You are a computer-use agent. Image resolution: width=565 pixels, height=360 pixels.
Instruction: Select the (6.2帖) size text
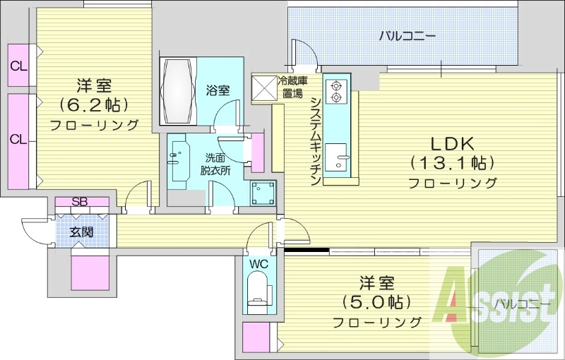tap(93, 105)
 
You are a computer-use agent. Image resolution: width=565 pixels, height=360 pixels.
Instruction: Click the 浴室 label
tap(218, 90)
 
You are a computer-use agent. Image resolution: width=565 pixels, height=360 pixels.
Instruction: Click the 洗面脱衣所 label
tap(215, 164)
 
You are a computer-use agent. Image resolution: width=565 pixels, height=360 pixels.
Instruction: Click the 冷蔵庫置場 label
tap(291, 87)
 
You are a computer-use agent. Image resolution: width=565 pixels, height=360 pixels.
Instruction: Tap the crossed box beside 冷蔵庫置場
tap(266, 88)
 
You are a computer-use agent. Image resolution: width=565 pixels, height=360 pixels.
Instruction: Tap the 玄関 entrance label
tap(79, 232)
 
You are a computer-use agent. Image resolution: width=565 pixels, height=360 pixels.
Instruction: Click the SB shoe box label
tap(80, 203)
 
